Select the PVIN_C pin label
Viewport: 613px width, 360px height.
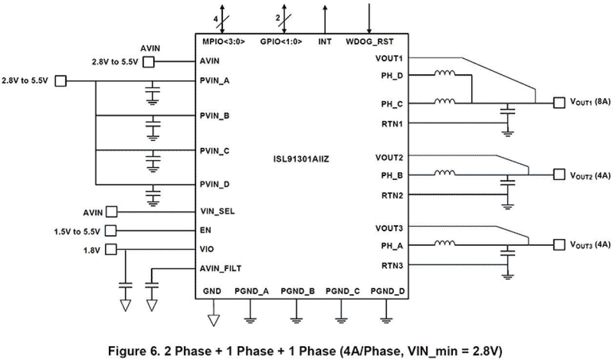215,150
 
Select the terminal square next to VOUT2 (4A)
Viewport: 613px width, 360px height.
558,174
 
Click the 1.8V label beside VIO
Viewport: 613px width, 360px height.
92,249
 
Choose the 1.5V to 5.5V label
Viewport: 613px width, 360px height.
78,230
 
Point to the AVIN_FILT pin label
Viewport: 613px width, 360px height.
221,268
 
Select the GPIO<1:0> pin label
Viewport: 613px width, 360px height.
281,42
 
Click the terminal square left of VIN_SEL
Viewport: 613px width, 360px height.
112,212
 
